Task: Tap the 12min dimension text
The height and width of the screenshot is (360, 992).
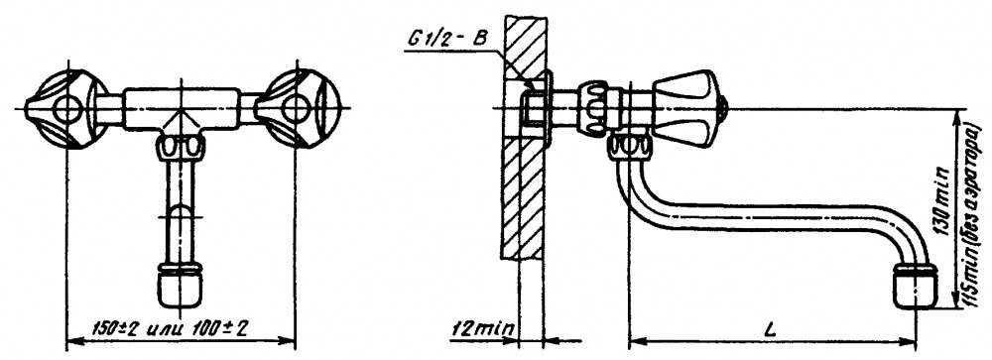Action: pos(482,329)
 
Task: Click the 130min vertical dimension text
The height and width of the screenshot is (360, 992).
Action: pos(942,200)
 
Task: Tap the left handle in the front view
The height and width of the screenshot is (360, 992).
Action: pos(65,109)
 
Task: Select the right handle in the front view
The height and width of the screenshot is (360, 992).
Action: pos(298,109)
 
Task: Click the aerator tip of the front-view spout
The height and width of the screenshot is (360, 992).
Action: pos(181,288)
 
